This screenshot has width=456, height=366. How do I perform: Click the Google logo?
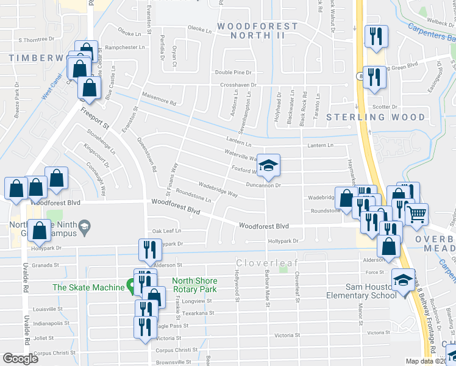coord(21,359)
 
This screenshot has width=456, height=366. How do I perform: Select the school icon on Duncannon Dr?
coord(268,165)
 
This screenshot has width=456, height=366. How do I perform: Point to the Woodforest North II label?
coord(258,30)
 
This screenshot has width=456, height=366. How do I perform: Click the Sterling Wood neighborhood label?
coord(376,117)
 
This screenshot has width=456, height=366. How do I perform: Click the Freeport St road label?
coord(94,118)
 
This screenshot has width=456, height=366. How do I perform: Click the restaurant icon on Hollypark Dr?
coord(146,249)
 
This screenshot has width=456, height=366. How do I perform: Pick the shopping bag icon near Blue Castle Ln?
coord(90,88)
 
